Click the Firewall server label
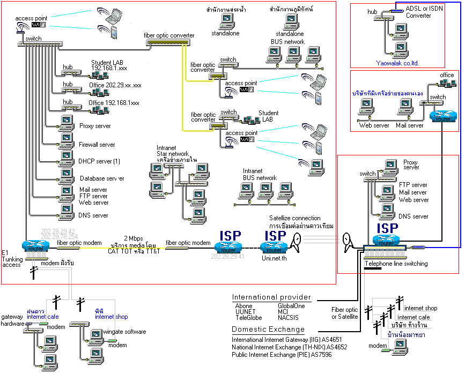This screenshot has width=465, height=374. (97, 145)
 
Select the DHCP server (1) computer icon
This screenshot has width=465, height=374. (67, 156)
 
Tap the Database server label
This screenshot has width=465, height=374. (102, 178)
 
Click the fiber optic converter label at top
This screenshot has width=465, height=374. (169, 35)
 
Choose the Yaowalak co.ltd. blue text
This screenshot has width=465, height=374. (397, 63)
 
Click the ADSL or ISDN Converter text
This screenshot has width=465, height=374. (425, 12)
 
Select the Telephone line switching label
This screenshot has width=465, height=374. (396, 264)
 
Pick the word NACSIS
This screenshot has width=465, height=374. (288, 317)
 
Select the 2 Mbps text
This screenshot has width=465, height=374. (133, 238)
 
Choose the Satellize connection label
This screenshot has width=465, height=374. (294, 218)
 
